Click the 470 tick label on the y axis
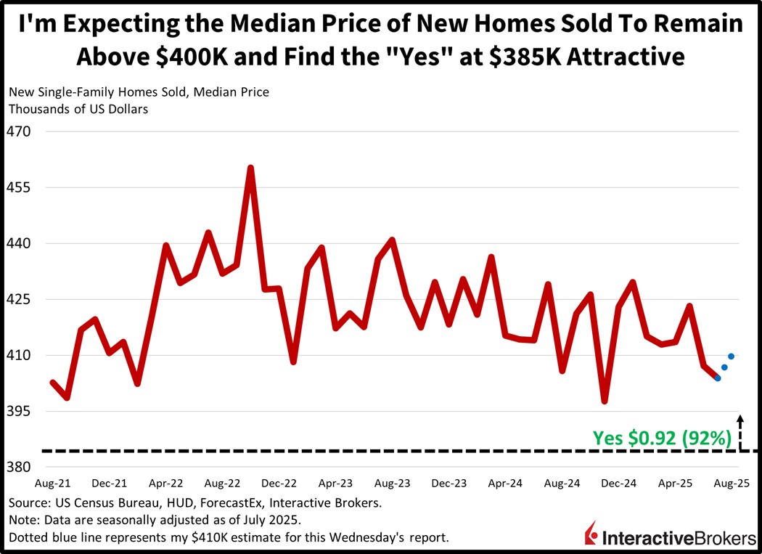(x=18, y=132)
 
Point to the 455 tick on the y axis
(x=18, y=187)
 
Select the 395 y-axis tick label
(x=18, y=411)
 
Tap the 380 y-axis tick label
(x=18, y=467)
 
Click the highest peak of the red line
(x=250, y=168)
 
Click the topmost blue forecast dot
(x=732, y=356)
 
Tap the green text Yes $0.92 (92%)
(x=661, y=438)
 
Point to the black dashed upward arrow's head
(x=740, y=417)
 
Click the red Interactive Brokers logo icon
(x=591, y=534)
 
